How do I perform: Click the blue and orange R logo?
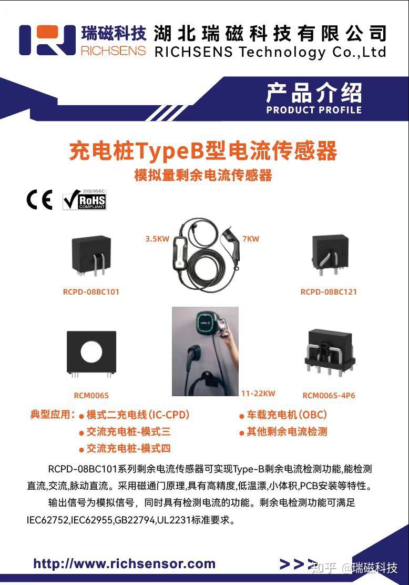coord(47,40)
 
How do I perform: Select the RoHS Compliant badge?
coord(84,199)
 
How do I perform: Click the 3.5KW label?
coord(157,239)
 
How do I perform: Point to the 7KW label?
coord(251,239)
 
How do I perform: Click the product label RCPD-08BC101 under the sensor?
coord(91,292)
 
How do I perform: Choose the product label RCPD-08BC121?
coord(329,292)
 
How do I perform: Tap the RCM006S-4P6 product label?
coord(329,396)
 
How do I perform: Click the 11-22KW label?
coord(258,393)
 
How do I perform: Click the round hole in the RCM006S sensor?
coord(91,351)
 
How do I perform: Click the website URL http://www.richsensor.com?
coord(125,563)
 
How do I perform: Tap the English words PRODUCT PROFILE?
coord(314,109)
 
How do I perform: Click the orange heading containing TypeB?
coord(203,151)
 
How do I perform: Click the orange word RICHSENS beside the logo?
coord(113,51)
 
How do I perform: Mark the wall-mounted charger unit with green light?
coord(204,321)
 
